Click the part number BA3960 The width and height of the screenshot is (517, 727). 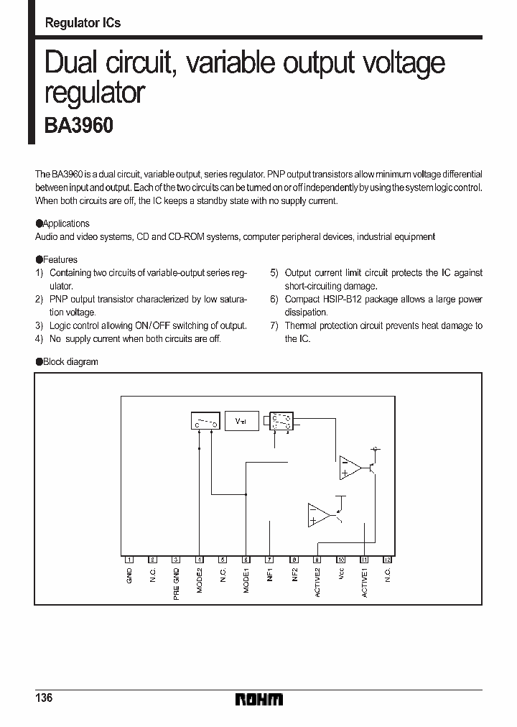coord(79,125)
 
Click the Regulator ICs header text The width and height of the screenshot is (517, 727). coord(83,23)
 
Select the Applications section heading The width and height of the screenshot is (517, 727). coord(65,223)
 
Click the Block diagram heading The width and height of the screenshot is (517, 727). coord(70,361)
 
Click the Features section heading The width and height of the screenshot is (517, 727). coord(60,259)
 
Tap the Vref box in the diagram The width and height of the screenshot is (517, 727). coord(241,422)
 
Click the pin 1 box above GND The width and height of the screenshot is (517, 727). coord(129,559)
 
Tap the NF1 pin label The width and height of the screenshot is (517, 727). coord(270,575)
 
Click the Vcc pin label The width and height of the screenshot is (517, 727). coord(341,574)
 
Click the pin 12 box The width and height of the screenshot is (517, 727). coord(388,559)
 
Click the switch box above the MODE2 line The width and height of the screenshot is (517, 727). coord(206,422)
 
